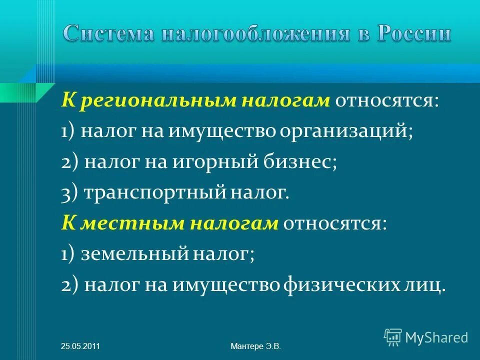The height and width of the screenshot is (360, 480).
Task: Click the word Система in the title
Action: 107,34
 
